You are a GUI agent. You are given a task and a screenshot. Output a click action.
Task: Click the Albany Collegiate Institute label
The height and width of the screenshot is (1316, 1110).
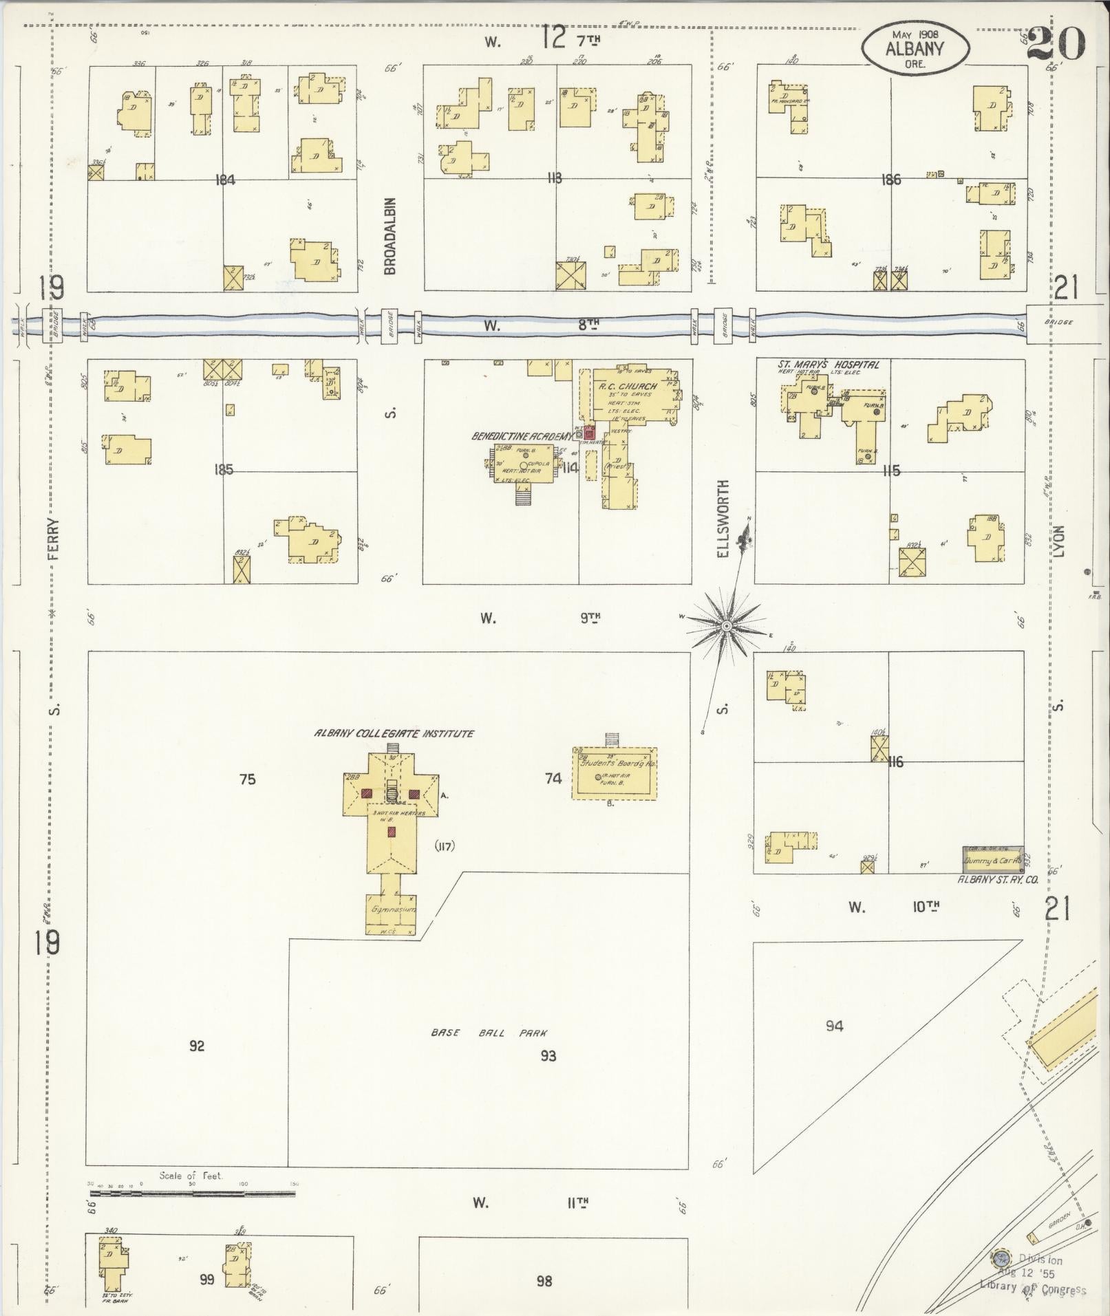tap(394, 733)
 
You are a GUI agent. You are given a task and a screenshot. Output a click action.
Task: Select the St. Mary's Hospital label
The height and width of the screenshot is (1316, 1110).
tap(818, 365)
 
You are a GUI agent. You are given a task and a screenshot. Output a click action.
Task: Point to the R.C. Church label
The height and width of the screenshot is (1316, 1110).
tap(628, 387)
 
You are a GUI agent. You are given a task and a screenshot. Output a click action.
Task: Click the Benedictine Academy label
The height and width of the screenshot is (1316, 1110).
tap(522, 436)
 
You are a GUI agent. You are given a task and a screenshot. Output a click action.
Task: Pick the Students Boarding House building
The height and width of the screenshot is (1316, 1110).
tap(615, 773)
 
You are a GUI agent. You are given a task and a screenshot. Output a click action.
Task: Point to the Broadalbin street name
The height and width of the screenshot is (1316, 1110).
tap(391, 236)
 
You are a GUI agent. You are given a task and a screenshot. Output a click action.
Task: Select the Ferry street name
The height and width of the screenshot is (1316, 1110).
tap(54, 538)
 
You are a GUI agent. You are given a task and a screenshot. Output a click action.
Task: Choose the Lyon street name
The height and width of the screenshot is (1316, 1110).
tap(1059, 541)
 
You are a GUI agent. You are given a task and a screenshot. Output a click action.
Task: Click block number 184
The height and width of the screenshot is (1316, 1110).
tap(225, 180)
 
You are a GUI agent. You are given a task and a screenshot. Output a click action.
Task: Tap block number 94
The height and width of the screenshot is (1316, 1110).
tap(834, 1026)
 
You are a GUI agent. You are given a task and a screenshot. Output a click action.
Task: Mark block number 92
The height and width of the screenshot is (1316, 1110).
tap(197, 1046)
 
